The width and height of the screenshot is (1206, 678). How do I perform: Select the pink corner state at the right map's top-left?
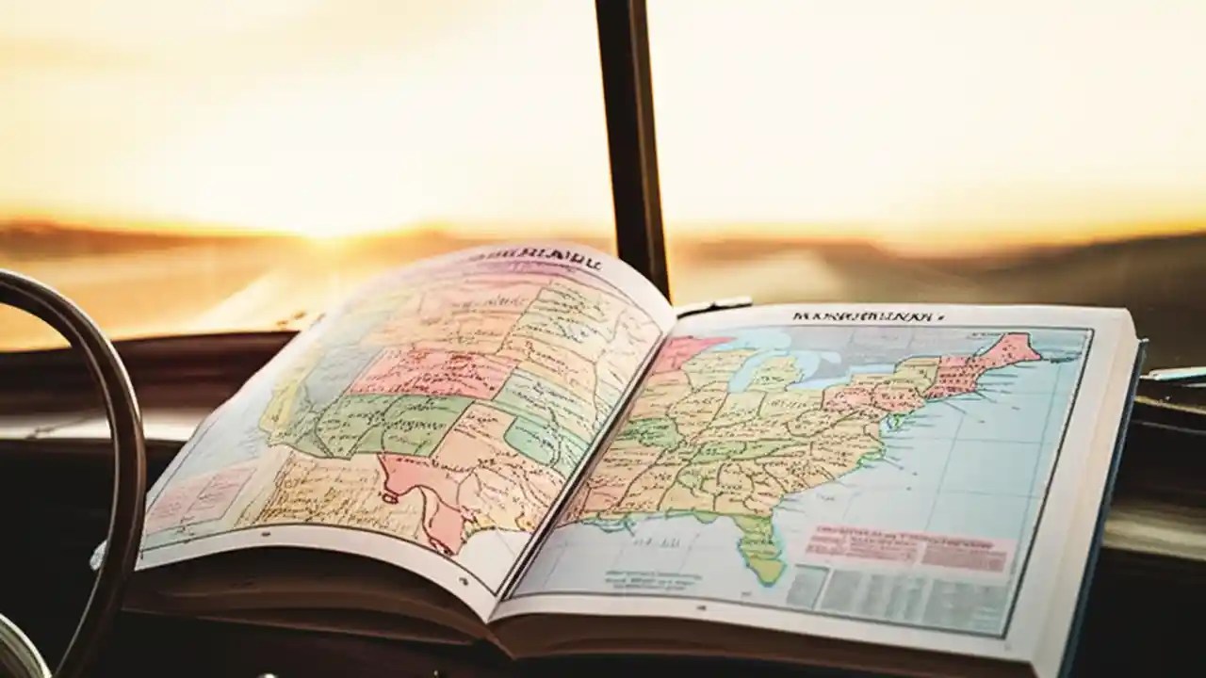click(x=683, y=353)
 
